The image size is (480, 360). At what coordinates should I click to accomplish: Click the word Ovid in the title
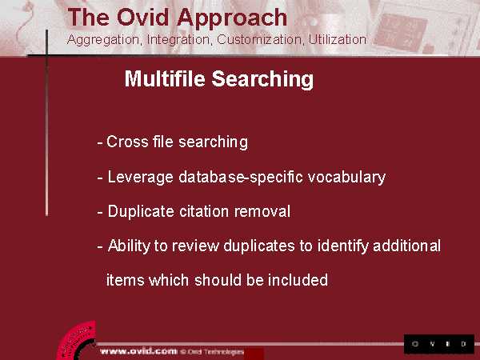(142, 17)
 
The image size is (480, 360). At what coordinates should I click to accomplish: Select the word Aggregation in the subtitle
(104, 40)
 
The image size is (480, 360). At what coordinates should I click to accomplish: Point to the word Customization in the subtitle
(260, 39)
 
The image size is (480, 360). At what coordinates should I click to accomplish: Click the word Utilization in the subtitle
(337, 39)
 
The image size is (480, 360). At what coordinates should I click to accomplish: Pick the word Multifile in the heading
(165, 78)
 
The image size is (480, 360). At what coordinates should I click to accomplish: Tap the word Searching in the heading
(262, 79)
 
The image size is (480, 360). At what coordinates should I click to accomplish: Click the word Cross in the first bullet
(127, 142)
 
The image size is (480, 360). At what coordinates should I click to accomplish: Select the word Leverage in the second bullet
(140, 178)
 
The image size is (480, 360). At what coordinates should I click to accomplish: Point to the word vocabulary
(346, 178)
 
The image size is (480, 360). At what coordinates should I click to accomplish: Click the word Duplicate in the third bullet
(141, 211)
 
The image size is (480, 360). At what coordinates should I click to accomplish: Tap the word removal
(262, 211)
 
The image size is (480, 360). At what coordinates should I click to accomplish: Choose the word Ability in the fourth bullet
(129, 246)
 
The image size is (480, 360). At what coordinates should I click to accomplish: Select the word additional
(407, 246)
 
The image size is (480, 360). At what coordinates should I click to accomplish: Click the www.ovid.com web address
(138, 351)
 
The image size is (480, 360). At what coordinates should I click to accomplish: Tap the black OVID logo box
(439, 344)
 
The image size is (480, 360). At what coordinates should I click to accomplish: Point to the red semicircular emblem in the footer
(77, 341)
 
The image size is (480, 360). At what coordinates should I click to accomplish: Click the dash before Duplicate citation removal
(100, 212)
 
